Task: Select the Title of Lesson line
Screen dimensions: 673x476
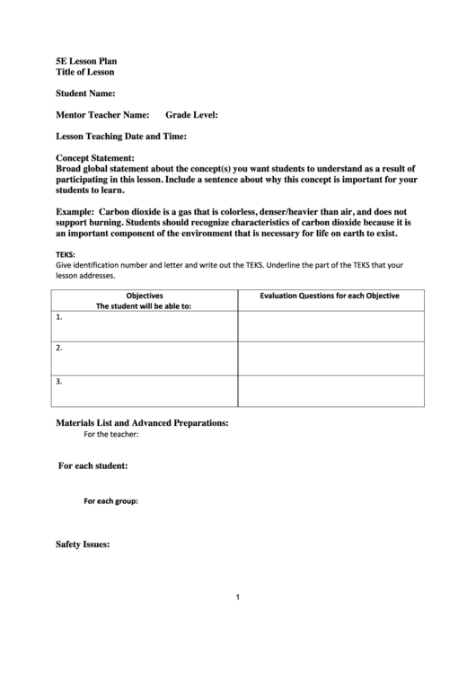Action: coord(85,72)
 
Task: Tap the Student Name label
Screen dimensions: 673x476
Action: coord(85,93)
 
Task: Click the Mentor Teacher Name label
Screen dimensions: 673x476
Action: coord(102,115)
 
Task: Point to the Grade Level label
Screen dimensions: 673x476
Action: coord(191,115)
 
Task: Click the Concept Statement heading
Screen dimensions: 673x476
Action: coord(95,158)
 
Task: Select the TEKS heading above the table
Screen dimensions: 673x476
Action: coord(66,254)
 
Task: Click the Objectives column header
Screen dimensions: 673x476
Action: coord(144,296)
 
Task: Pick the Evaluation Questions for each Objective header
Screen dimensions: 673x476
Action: coord(330,296)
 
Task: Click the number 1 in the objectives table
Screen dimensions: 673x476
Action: coord(58,317)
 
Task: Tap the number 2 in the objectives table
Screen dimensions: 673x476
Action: coord(58,348)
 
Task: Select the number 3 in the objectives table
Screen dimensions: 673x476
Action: coord(58,381)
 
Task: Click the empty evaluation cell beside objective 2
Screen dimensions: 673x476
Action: coord(331,358)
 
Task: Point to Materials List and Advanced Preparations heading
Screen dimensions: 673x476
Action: coord(142,422)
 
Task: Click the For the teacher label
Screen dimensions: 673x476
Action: coord(110,435)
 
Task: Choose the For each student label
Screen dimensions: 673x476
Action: coord(93,466)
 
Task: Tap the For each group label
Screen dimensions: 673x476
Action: coord(110,500)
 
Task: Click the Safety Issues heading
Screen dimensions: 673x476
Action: coord(83,545)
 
